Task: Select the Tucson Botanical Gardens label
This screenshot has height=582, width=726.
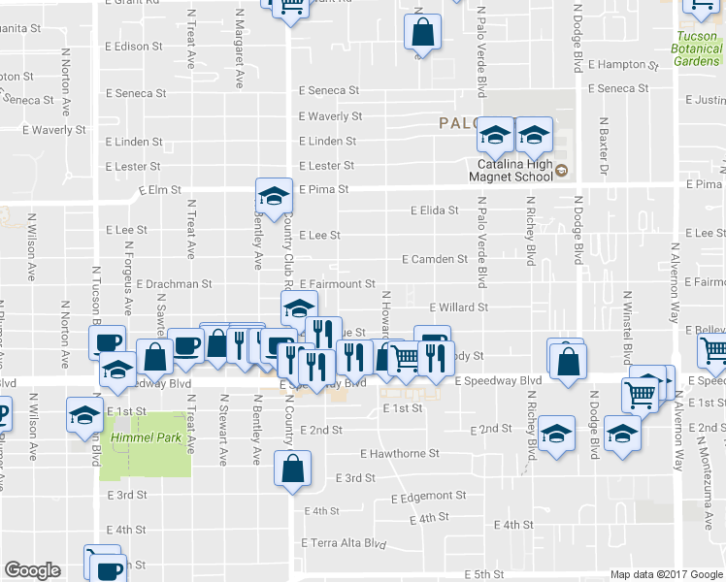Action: (698, 48)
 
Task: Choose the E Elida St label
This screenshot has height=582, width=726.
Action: (434, 210)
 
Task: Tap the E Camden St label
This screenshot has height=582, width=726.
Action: (435, 259)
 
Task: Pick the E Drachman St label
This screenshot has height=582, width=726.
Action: (174, 284)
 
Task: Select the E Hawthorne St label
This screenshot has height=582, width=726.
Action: (399, 453)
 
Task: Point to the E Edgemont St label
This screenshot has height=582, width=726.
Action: (429, 498)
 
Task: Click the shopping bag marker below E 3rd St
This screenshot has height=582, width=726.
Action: (293, 470)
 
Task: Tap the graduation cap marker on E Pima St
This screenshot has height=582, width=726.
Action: (274, 196)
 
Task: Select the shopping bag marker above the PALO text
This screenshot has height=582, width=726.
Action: (422, 32)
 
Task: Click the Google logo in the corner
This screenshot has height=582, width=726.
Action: (32, 570)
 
